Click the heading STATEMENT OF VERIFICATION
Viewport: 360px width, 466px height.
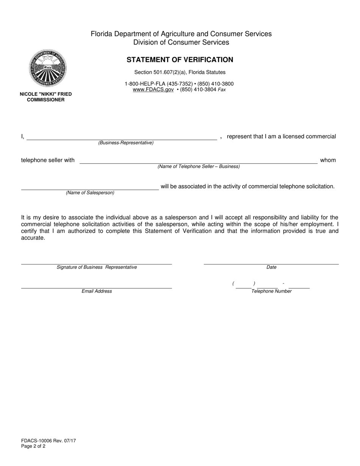[x=180, y=60]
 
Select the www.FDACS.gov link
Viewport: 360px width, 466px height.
[x=153, y=90]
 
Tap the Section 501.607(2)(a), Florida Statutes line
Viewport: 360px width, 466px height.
[x=180, y=72]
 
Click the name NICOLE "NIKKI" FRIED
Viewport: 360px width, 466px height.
[x=46, y=94]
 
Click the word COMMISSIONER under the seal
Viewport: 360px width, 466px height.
[x=46, y=100]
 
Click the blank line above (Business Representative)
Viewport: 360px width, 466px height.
[x=121, y=139]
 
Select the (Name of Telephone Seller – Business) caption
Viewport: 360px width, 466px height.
[x=199, y=166]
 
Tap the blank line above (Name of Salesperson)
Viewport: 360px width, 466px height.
[x=90, y=189]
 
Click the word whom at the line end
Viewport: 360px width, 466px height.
[x=328, y=160]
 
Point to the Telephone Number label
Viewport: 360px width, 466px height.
[x=271, y=291]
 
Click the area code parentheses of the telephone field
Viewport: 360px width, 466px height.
[x=244, y=284]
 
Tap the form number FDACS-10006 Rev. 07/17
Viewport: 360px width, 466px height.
[x=49, y=441]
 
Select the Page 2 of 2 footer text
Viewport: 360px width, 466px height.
[x=33, y=446]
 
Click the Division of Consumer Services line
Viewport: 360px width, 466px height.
[x=181, y=42]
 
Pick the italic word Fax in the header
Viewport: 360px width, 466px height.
[x=222, y=90]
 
